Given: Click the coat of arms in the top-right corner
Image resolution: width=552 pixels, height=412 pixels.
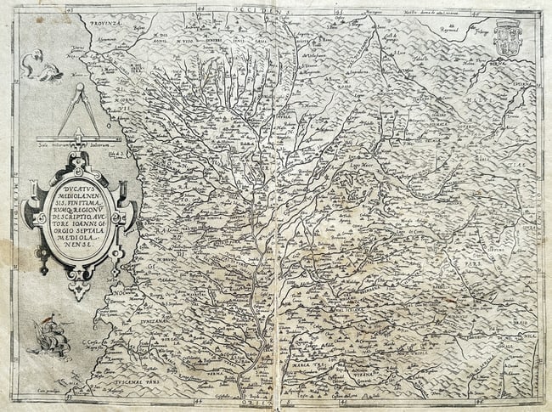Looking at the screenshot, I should point(507,37).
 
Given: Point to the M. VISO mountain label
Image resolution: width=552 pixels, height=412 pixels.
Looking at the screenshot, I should point(183,37).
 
